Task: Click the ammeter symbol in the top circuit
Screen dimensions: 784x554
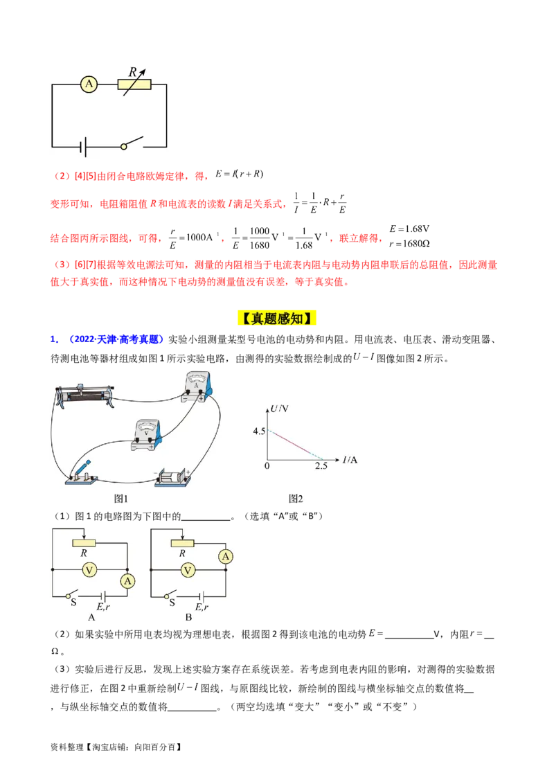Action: pos(88,84)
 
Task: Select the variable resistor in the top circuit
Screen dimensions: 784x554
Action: pos(134,84)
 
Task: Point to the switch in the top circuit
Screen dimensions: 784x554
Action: pos(133,143)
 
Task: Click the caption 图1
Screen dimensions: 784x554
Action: pos(121,498)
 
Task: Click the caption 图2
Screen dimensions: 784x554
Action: pos(296,498)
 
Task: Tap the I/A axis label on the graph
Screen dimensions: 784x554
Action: pos(351,459)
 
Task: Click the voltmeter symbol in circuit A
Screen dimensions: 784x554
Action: pos(89,569)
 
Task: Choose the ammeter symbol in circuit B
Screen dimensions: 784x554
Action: pos(224,555)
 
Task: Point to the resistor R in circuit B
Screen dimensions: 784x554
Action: pos(182,542)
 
